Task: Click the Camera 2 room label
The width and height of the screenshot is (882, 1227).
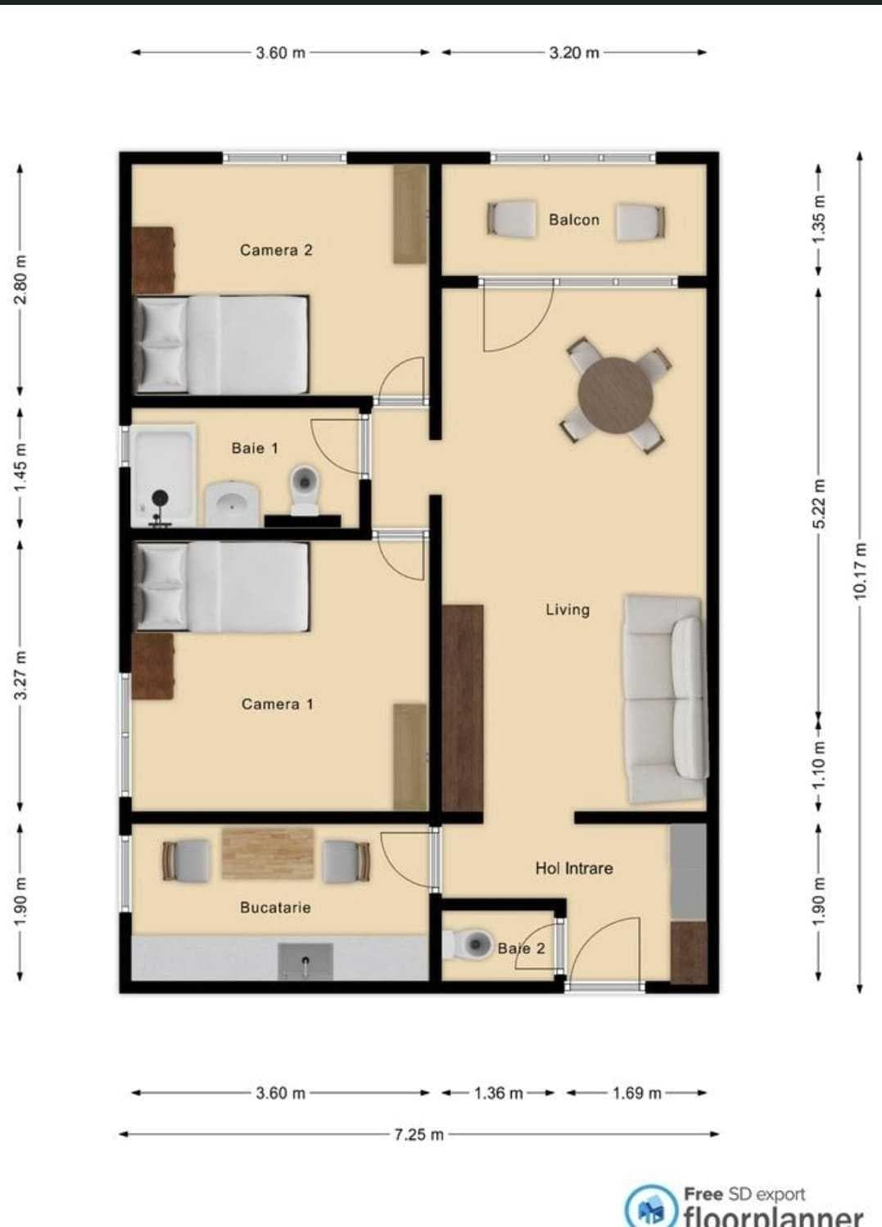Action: [x=276, y=250]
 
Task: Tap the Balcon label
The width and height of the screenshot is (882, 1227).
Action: [x=573, y=220]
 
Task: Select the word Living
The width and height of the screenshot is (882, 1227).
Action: [x=568, y=609]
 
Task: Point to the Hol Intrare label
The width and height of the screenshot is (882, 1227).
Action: [x=573, y=868]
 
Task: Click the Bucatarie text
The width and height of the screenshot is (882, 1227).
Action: [x=275, y=908]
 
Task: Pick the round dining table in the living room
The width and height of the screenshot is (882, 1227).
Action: [x=615, y=396]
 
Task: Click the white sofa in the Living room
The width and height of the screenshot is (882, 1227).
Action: [x=665, y=699]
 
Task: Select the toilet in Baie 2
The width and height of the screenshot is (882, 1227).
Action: [x=468, y=944]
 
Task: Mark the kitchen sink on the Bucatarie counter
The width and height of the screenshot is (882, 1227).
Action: [x=305, y=961]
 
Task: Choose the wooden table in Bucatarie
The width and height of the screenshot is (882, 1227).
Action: [x=268, y=853]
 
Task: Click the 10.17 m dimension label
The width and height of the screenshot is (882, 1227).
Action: [x=859, y=571]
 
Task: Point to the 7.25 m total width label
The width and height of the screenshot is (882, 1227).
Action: [x=418, y=1134]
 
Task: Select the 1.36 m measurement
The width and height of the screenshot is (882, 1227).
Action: [x=498, y=1093]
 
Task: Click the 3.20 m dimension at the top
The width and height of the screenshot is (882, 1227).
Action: [x=573, y=52]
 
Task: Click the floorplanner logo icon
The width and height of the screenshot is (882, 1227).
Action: [x=652, y=1209]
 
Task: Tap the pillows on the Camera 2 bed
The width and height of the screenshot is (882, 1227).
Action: [x=162, y=344]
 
